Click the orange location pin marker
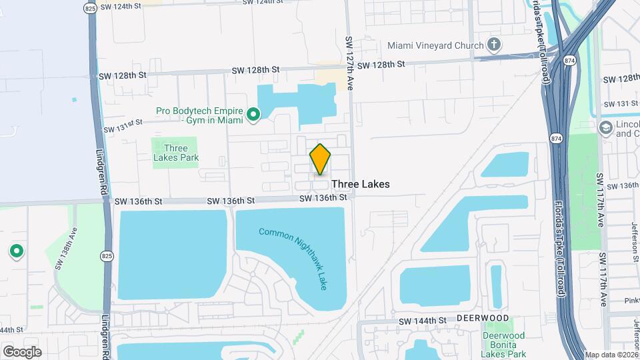click(x=320, y=159)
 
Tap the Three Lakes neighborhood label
click(x=360, y=184)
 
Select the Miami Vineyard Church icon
click(x=493, y=45)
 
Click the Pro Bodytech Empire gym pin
click(x=253, y=115)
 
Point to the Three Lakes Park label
click(x=176, y=153)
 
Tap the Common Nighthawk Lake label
click(x=294, y=259)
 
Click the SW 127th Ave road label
click(x=349, y=63)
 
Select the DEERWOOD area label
click(x=483, y=319)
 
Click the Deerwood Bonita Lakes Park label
click(x=504, y=345)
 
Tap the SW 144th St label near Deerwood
click(x=422, y=321)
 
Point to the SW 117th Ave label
click(x=601, y=200)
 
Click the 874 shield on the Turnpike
click(x=556, y=137)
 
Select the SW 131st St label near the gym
click(x=123, y=126)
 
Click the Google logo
click(x=22, y=351)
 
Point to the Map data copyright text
click(x=610, y=355)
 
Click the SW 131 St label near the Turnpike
click(x=621, y=104)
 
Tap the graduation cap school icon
click(x=605, y=127)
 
